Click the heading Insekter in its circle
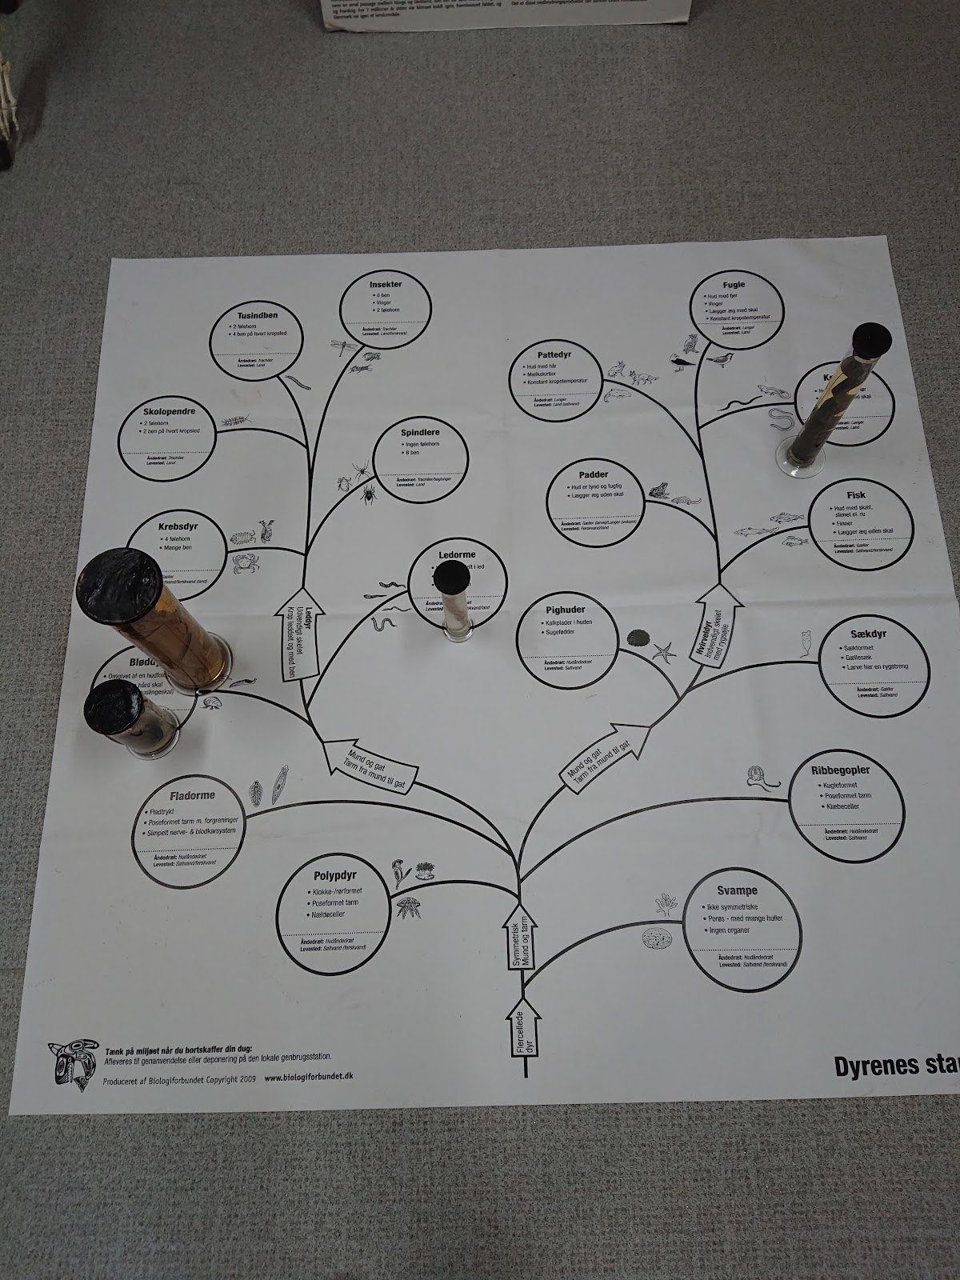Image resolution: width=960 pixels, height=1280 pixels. click(x=385, y=286)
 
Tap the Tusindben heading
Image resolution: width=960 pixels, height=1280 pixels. click(x=257, y=315)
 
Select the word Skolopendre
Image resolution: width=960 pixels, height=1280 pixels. click(x=170, y=413)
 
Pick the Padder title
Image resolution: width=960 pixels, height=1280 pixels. click(x=594, y=475)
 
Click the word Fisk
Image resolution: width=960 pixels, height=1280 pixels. click(x=855, y=496)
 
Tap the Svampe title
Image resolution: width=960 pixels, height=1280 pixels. click(x=738, y=890)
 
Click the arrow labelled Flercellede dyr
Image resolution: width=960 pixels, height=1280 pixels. click(x=523, y=1032)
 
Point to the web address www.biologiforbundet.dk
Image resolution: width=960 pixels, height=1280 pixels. click(x=308, y=1077)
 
